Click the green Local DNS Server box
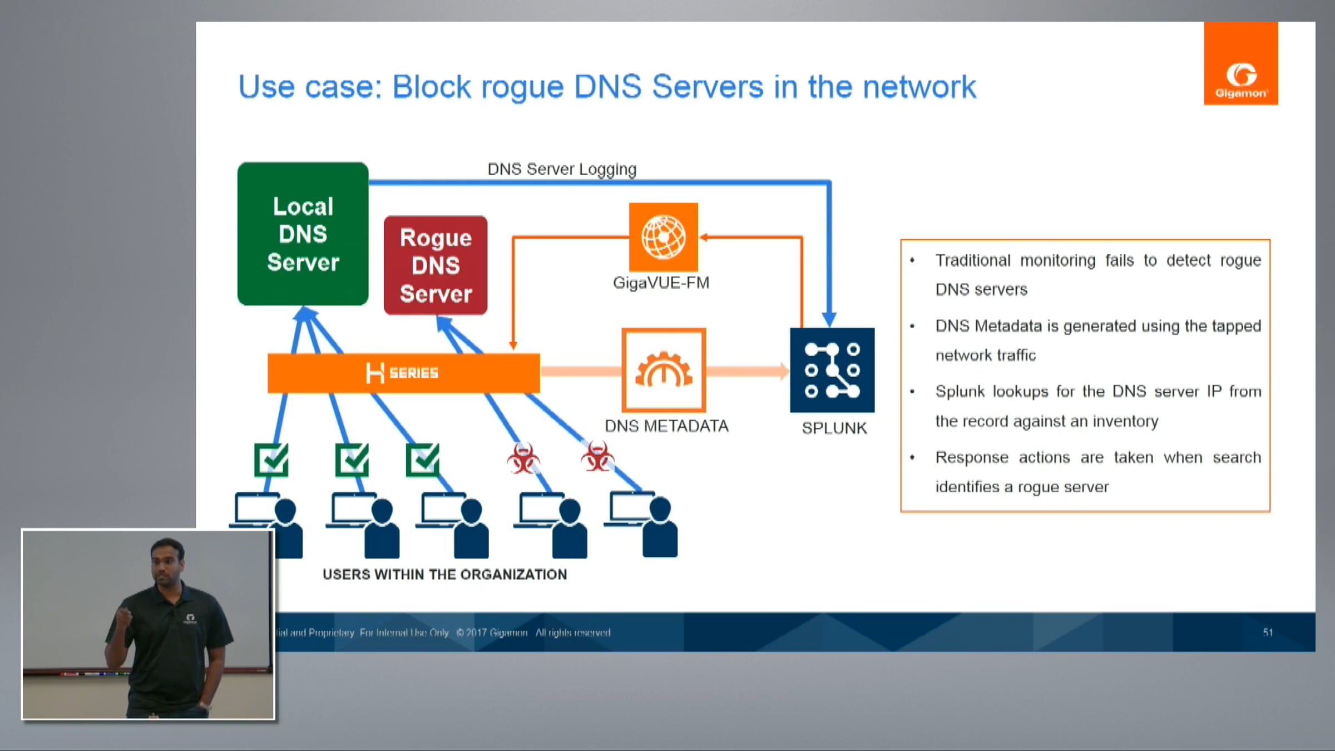click(303, 234)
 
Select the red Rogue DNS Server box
click(436, 265)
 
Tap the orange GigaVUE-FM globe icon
click(663, 237)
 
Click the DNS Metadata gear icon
click(664, 370)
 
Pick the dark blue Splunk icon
click(832, 370)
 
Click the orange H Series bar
click(403, 373)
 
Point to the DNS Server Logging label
click(562, 169)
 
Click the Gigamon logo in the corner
click(1240, 63)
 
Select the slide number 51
click(1268, 633)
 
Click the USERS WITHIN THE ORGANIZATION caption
click(444, 575)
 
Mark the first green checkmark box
click(271, 460)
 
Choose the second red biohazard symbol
click(597, 457)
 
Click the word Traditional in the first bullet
click(973, 260)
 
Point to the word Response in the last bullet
click(972, 457)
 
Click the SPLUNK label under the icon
click(834, 428)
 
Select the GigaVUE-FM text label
click(661, 283)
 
